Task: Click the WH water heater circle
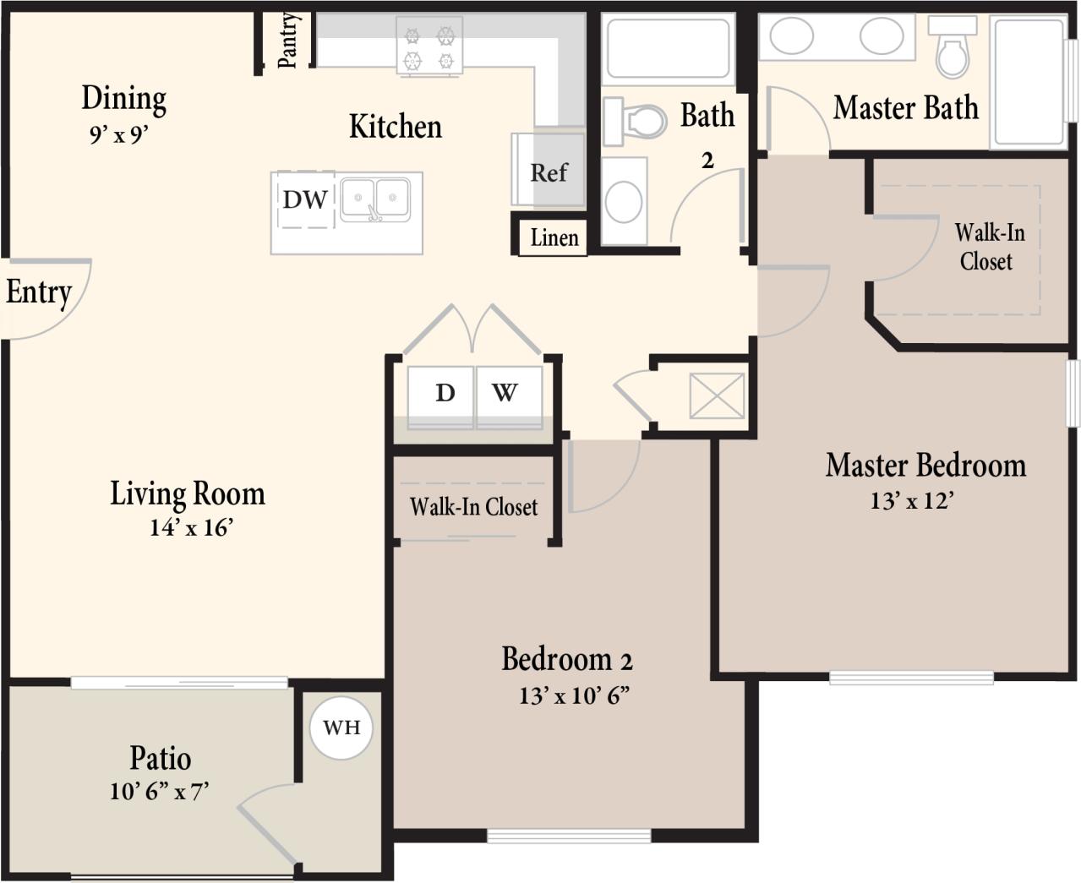(x=341, y=727)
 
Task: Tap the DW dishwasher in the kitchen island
(x=305, y=200)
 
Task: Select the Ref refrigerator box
(x=549, y=173)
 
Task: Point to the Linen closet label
(x=554, y=238)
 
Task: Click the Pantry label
(x=287, y=40)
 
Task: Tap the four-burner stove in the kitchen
(x=429, y=48)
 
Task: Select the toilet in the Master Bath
(x=953, y=52)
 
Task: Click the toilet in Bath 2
(x=640, y=121)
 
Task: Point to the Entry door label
(x=39, y=292)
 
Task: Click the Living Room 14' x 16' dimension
(x=191, y=528)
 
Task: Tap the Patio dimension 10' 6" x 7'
(x=159, y=792)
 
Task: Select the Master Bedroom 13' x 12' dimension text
(x=912, y=501)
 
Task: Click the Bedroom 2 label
(x=566, y=659)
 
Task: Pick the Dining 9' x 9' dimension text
(x=119, y=134)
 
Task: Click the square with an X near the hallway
(x=717, y=395)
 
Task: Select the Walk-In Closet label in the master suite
(x=988, y=247)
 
